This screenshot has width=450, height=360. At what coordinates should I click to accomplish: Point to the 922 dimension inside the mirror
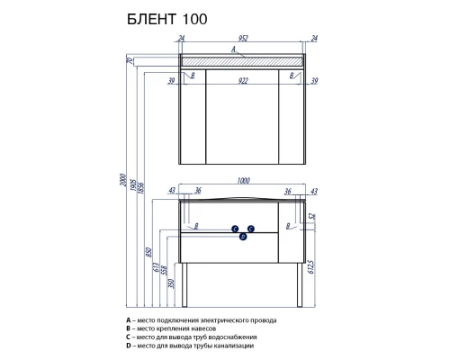pyautogui.click(x=242, y=79)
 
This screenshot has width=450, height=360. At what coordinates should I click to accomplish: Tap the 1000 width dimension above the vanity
pyautogui.click(x=242, y=182)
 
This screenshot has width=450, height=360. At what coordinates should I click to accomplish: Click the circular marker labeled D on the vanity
pyautogui.click(x=243, y=237)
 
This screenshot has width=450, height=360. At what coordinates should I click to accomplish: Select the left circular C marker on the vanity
pyautogui.click(x=235, y=229)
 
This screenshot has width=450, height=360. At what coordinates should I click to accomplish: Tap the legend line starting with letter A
pyautogui.click(x=202, y=319)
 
